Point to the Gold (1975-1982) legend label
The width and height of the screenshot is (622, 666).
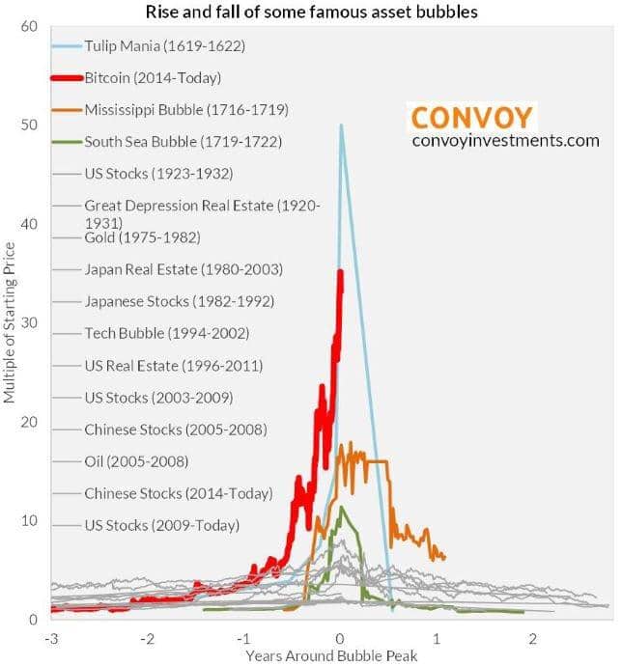(x=128, y=237)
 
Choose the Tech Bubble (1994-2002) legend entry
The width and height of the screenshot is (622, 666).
(x=167, y=334)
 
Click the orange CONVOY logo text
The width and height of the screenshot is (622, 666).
(x=471, y=118)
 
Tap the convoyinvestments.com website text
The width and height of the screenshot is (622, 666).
(x=505, y=142)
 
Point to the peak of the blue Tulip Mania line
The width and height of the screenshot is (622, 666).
(x=340, y=125)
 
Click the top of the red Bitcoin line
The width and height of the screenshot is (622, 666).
(x=340, y=272)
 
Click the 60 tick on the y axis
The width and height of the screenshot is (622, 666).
(x=29, y=26)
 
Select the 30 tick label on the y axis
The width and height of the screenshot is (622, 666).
(x=29, y=322)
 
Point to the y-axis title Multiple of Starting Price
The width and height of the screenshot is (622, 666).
(x=10, y=324)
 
